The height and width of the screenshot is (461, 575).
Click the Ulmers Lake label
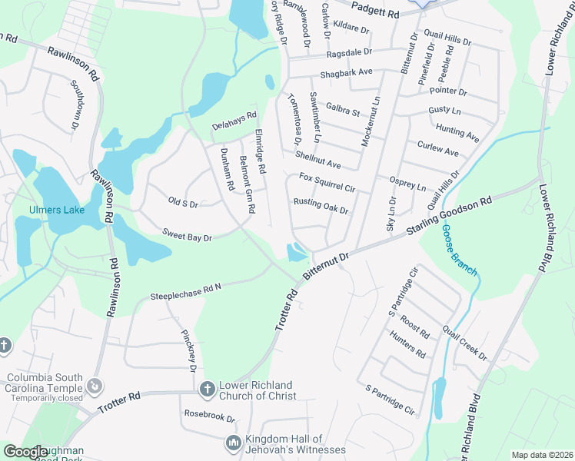click(55, 210)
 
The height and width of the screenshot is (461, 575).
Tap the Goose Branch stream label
click(458, 250)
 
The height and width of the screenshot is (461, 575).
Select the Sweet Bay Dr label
click(187, 235)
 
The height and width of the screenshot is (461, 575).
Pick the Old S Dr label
click(183, 203)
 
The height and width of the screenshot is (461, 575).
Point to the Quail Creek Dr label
click(464, 342)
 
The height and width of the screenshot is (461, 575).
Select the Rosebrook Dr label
click(209, 416)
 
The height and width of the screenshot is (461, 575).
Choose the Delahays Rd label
click(234, 121)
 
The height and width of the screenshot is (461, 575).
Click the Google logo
click(25, 452)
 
